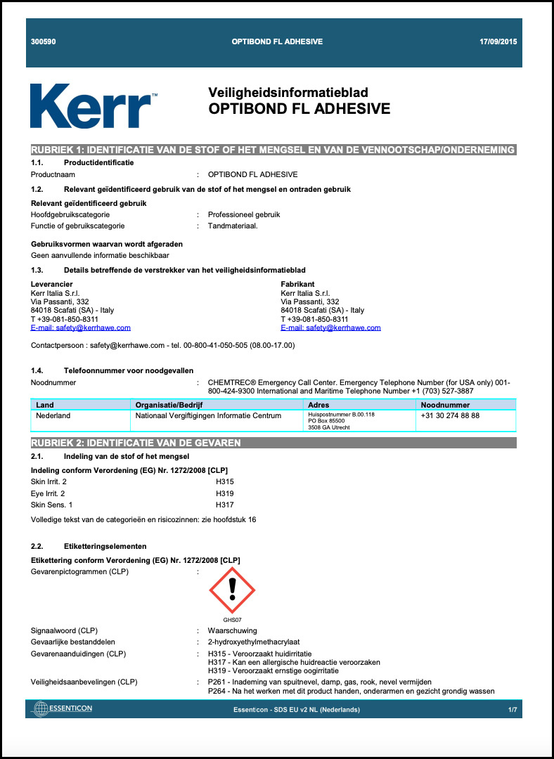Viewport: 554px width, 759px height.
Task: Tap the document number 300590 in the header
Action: tap(44, 42)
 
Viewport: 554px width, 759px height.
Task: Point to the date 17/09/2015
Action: tap(498, 42)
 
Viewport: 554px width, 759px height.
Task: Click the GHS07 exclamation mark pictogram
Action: tap(232, 589)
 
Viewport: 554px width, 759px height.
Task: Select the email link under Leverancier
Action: tap(81, 327)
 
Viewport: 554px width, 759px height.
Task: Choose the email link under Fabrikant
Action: tap(330, 327)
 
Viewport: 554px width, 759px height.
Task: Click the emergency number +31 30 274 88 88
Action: tap(450, 416)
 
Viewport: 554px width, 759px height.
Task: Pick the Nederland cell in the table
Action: tap(53, 416)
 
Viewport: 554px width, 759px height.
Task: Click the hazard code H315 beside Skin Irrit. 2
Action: tap(225, 482)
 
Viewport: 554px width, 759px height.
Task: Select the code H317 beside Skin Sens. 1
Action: tap(225, 505)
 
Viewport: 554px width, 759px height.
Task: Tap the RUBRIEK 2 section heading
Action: tap(136, 443)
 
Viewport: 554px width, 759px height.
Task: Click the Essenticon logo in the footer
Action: tap(63, 708)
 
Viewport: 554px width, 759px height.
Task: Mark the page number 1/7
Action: tap(512, 710)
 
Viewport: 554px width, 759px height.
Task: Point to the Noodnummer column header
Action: tap(445, 406)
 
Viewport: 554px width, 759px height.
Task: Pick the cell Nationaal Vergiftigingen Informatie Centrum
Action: tap(208, 416)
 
